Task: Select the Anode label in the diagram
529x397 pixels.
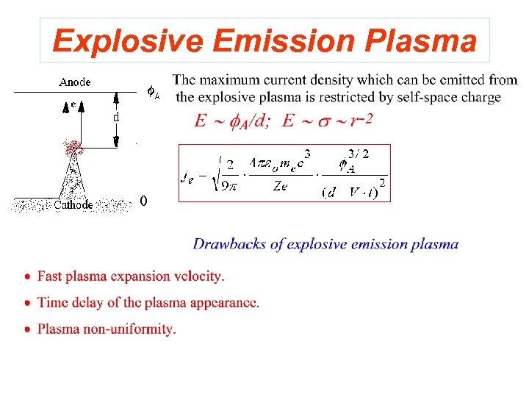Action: click(75, 82)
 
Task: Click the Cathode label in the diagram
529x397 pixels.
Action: click(73, 205)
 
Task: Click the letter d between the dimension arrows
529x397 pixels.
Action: click(116, 117)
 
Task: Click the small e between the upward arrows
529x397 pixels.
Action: click(73, 105)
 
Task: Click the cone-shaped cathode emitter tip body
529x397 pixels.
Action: click(73, 180)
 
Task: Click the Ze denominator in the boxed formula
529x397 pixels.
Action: click(280, 187)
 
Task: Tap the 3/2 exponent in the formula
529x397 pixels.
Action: click(358, 154)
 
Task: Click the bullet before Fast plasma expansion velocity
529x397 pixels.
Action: click(27, 277)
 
